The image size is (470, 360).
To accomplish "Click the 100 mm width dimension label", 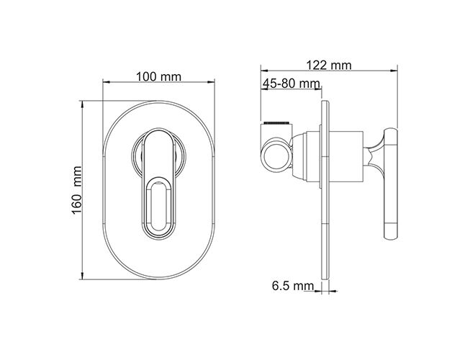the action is point(159,77).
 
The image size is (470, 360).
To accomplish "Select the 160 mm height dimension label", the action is point(77,190).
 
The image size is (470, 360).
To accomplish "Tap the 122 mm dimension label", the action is point(329,65).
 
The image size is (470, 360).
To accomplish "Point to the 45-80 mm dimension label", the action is point(291,84).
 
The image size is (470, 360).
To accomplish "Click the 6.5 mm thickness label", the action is point(293,286).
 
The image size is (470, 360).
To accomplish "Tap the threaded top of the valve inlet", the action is point(276,123).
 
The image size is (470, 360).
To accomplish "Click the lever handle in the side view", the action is point(391,184).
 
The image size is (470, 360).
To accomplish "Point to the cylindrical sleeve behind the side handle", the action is point(346,156).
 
